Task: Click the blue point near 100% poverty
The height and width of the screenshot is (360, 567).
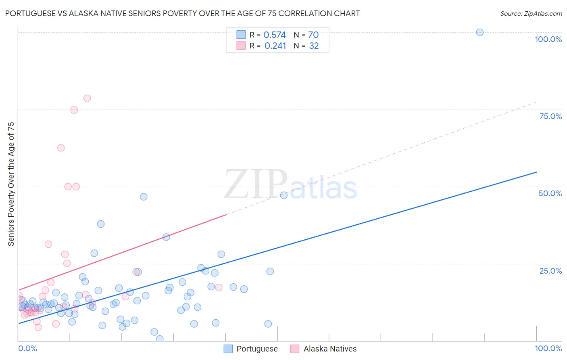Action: tap(479, 32)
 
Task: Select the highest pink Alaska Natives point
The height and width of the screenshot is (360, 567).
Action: tap(87, 98)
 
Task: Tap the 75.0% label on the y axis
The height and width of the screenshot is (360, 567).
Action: tap(550, 116)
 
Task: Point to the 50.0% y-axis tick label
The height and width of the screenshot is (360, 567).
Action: tap(550, 193)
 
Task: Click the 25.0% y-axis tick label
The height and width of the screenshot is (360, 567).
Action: tap(550, 271)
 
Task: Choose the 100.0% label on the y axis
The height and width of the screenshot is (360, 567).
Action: tap(548, 39)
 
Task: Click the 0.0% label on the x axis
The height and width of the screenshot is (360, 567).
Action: tap(27, 348)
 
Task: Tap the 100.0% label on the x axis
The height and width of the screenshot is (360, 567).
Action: tap(548, 348)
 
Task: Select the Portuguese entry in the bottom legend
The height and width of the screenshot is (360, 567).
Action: tap(257, 349)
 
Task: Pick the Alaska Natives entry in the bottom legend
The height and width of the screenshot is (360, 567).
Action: tap(330, 349)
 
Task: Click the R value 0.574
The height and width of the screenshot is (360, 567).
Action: tap(274, 35)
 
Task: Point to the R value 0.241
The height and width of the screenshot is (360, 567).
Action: tap(275, 46)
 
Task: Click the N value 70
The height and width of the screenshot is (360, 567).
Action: tap(313, 35)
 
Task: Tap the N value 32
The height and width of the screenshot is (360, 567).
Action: tap(314, 46)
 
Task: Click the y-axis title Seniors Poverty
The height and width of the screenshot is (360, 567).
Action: tap(11, 184)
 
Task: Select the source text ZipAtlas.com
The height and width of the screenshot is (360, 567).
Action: tap(531, 14)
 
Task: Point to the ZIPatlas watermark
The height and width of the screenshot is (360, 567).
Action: tap(290, 185)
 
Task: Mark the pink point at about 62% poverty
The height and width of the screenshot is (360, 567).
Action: tap(61, 148)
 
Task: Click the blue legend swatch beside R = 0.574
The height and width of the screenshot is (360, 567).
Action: tap(241, 35)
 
